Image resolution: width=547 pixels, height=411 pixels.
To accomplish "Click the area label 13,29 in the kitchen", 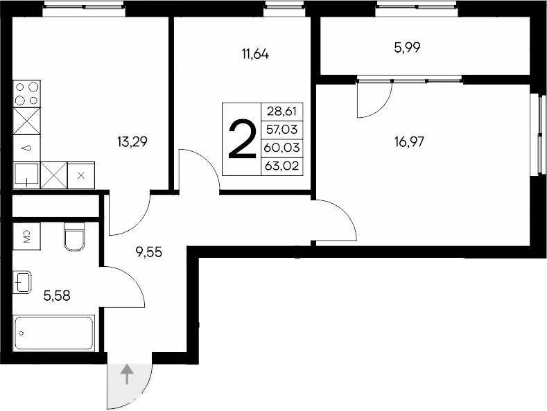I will coord(134,143).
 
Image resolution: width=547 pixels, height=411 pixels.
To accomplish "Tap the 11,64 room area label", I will coord(255,54).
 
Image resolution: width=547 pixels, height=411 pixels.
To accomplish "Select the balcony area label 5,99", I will coord(408,48).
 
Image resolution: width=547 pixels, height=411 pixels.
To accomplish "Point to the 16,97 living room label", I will coord(409,143).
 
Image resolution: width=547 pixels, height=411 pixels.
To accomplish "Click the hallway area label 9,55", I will coord(149,252).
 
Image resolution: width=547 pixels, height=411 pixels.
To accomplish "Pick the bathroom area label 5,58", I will coord(57,296).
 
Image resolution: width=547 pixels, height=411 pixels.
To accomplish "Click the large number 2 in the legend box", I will coord(241,139).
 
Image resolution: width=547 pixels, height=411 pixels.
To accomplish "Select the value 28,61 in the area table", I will coord(281,111).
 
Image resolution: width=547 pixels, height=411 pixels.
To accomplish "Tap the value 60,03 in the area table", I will coord(281,147).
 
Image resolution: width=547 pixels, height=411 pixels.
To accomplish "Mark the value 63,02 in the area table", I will coord(281,165).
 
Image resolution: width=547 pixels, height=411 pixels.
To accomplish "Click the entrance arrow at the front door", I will coord(128,375).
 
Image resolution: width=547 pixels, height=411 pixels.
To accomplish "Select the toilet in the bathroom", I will coord(73,236).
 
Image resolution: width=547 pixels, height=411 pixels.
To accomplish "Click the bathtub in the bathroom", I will coord(54,333).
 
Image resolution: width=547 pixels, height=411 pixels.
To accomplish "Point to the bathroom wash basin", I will coord(21,282).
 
